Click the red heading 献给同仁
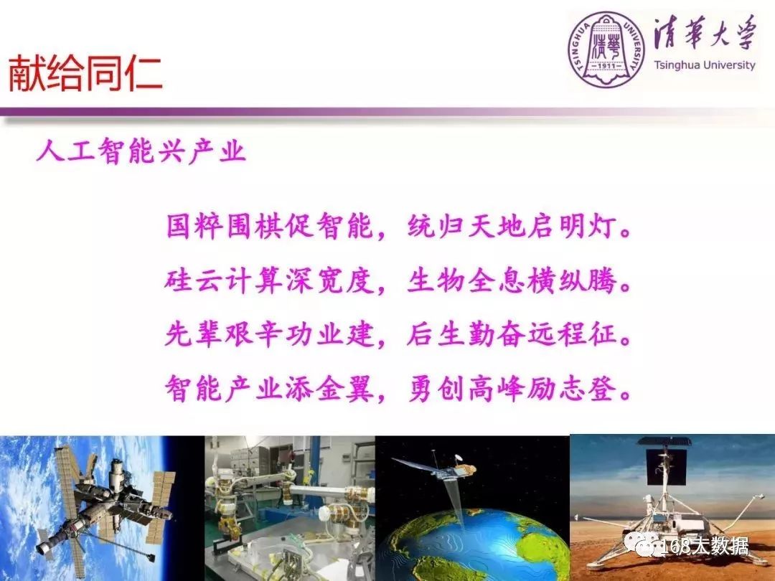85,74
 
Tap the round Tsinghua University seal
606,49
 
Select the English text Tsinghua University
705,65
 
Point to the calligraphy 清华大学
705,34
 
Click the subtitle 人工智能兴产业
141,151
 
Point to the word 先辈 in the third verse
194,334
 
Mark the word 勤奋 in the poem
498,334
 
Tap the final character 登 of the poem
604,389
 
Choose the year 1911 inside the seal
606,66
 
